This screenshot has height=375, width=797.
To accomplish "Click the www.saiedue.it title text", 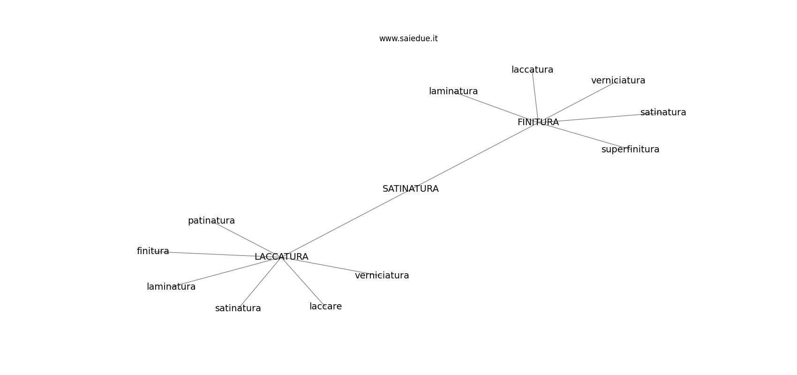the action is coord(408,38).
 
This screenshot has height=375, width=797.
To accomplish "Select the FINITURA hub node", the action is coord(538,122).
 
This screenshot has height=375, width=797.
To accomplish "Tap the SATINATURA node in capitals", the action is coord(411,188).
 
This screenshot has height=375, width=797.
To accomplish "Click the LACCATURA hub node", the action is coord(281,256).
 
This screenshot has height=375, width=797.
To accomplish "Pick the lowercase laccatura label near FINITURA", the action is coord(532,70).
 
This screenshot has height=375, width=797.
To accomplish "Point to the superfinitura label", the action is coord(630,150).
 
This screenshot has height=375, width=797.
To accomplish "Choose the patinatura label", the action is coord(211,221).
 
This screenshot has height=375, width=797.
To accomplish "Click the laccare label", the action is coord(325,307).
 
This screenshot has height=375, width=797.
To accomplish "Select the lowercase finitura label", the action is coord(153,251).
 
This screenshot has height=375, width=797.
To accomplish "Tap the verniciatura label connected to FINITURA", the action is coord(618,81).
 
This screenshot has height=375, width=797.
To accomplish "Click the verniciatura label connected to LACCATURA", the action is coord(382,275).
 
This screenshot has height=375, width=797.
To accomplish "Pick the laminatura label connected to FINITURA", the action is coord(453,91).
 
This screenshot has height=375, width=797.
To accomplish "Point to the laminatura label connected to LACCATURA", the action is coord(171,286).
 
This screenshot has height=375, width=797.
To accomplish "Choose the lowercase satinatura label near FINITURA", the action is coord(663,112).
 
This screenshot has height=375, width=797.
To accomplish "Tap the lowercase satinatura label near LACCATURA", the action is coord(238,308).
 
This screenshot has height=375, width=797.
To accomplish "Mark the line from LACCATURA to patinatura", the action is coord(246,239).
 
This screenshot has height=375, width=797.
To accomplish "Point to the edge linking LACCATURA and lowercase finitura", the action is coord(217,254).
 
